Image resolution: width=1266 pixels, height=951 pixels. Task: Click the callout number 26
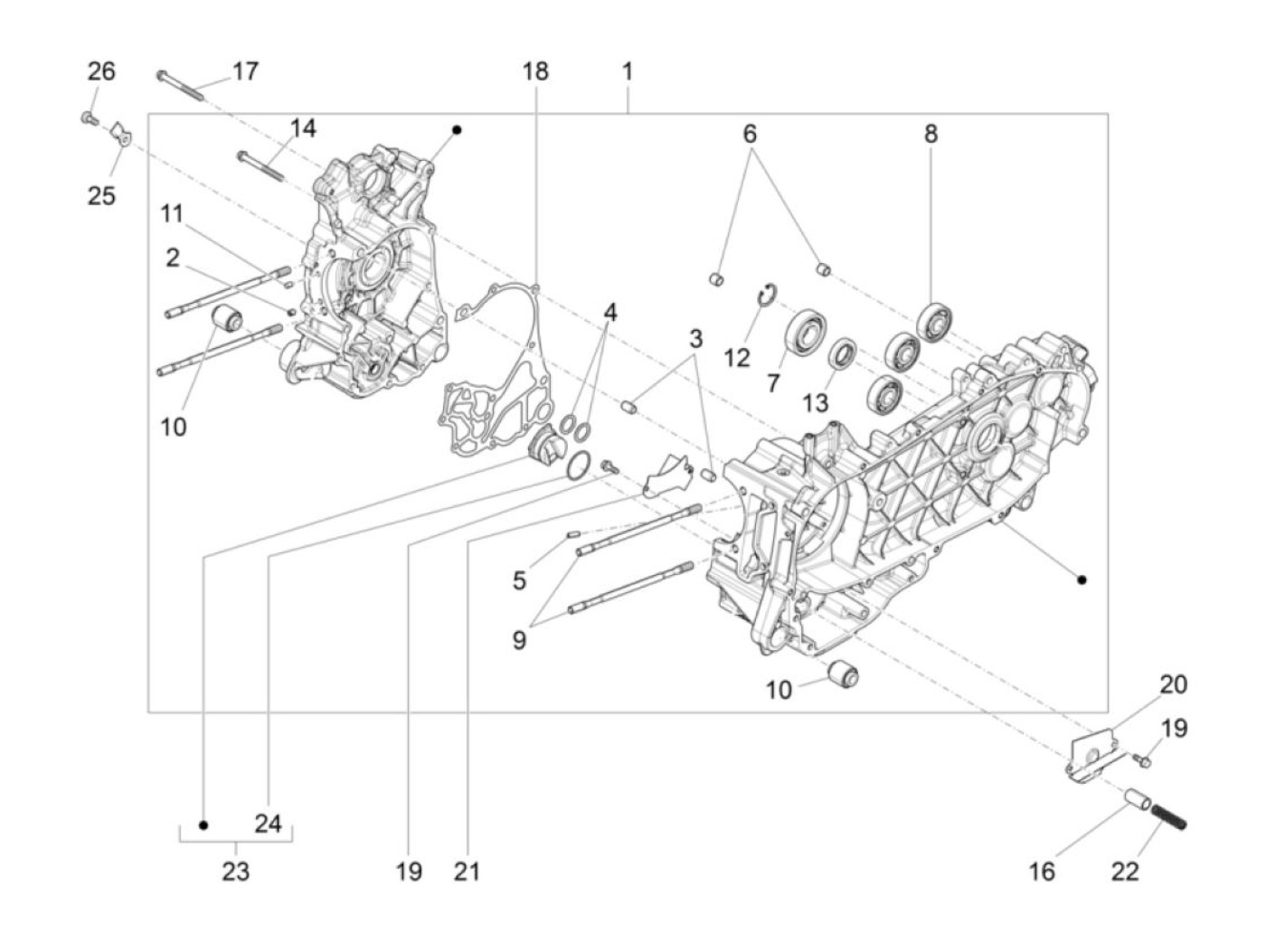pos(101,71)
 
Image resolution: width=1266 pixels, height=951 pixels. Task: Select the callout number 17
pos(244,71)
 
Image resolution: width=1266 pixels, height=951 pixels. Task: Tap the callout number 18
pos(534,71)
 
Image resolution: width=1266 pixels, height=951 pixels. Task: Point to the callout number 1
pos(627,71)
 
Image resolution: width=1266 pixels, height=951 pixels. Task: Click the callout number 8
pos(931,134)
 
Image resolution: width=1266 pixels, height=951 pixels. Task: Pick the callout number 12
pos(737,357)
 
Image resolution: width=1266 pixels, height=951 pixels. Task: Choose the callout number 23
pos(235,871)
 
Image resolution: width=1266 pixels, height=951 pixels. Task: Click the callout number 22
pos(1125,871)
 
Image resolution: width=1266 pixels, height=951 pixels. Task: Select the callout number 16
pos(1042,871)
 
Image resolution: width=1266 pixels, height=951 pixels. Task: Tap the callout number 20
pos(1173,684)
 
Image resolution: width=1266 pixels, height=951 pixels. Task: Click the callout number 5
pos(519,580)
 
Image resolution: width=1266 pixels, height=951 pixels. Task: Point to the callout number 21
pos(468,871)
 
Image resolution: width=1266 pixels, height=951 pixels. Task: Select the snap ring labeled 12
pos(765,296)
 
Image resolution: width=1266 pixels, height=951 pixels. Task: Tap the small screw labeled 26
pos(89,118)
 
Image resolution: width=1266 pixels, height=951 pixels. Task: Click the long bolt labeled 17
pos(184,84)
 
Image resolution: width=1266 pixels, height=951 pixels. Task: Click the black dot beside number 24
pos(204,825)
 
